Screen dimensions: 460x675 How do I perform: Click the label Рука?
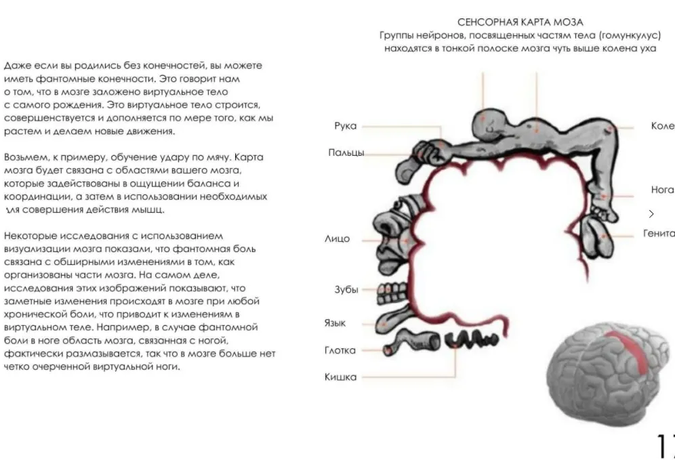(x=345, y=126)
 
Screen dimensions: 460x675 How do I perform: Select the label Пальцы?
(x=346, y=152)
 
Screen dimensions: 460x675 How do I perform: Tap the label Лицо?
(x=337, y=239)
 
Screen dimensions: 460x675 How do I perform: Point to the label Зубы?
(x=346, y=289)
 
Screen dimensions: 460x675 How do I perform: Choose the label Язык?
(x=335, y=324)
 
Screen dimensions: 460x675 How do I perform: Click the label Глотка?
(x=340, y=350)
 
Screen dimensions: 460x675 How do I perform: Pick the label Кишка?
(x=340, y=377)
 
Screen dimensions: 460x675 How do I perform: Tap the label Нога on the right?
(x=662, y=190)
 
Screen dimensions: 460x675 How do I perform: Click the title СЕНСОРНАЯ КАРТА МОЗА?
(x=520, y=22)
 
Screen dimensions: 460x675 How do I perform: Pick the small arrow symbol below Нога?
(x=652, y=214)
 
